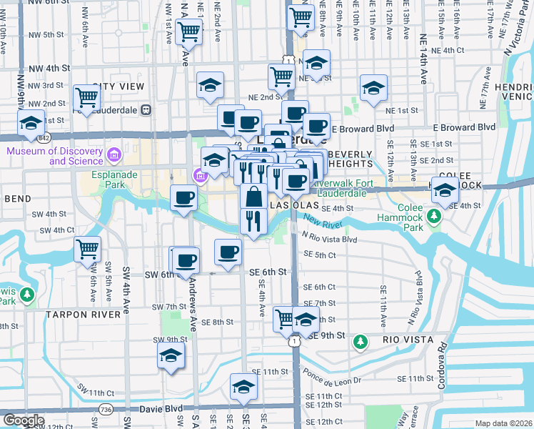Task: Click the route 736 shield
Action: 106,408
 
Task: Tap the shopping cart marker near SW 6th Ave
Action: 87,250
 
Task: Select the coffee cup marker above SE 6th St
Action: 228,252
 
